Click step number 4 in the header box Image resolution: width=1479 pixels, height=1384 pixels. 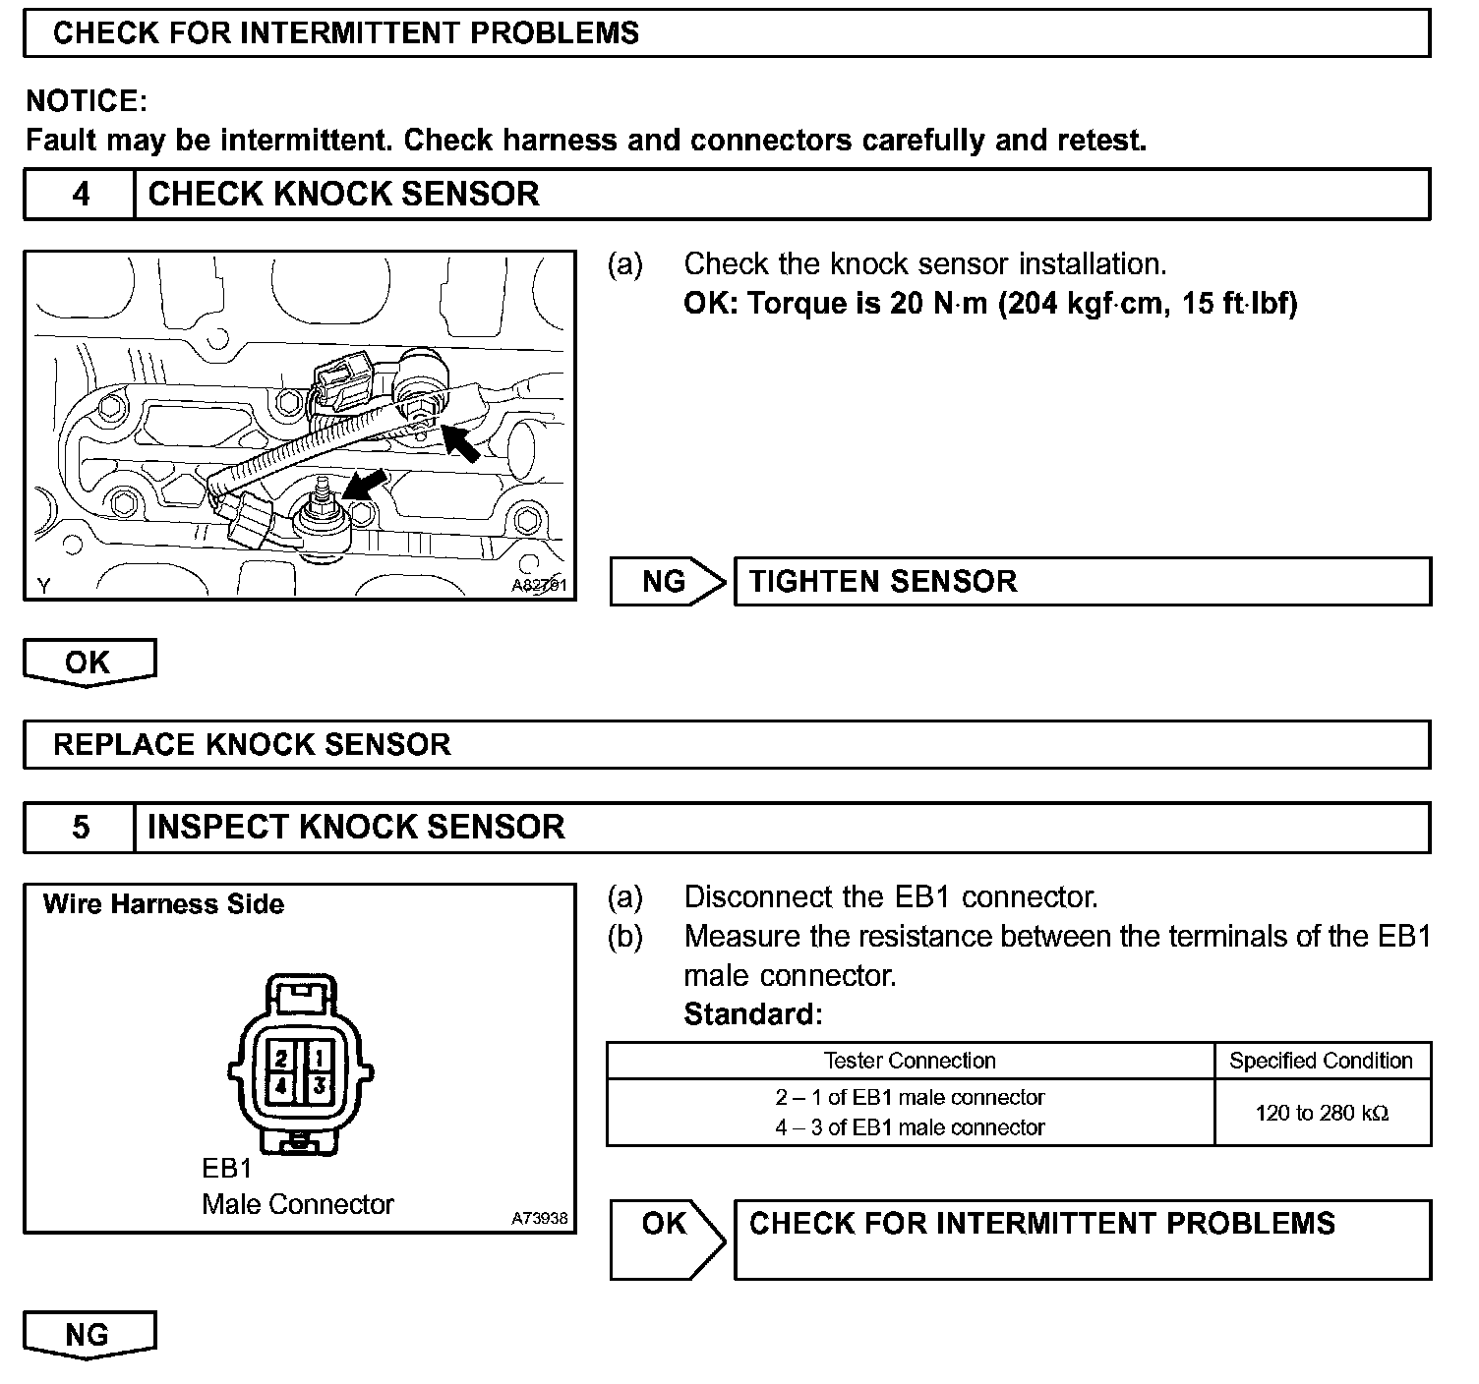click(81, 194)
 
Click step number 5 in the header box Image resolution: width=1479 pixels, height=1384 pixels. click(81, 827)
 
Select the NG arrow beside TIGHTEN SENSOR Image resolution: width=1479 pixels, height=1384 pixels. click(666, 582)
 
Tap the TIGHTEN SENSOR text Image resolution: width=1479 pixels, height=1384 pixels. click(882, 582)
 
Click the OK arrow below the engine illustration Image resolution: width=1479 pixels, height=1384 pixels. click(89, 663)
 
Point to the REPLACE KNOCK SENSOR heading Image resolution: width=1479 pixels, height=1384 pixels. click(252, 744)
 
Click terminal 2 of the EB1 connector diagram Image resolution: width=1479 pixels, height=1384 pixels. click(282, 1059)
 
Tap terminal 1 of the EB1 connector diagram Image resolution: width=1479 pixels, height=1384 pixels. click(320, 1059)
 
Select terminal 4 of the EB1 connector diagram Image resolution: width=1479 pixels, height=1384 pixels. click(282, 1087)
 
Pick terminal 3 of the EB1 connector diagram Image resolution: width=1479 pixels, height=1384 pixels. click(320, 1087)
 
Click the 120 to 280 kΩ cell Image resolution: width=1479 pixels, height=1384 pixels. click(1322, 1114)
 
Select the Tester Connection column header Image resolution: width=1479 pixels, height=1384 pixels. click(910, 1062)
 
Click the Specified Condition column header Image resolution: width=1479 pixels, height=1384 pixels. click(1321, 1062)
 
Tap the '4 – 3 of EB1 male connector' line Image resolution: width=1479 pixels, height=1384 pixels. click(910, 1128)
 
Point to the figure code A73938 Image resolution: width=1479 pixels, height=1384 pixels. click(539, 1218)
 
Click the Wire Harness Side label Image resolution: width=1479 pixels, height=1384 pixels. click(163, 904)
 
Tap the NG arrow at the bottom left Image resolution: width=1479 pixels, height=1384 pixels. click(89, 1334)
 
